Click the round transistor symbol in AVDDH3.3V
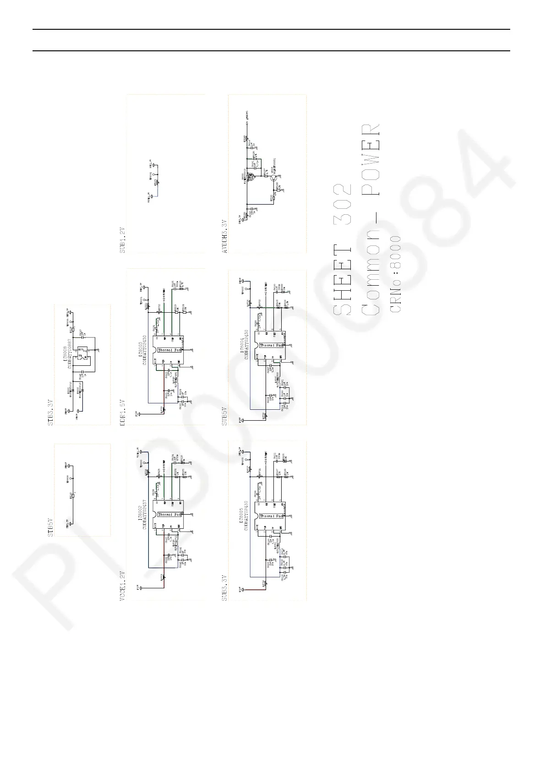(273, 178)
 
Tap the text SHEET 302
(342, 250)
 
